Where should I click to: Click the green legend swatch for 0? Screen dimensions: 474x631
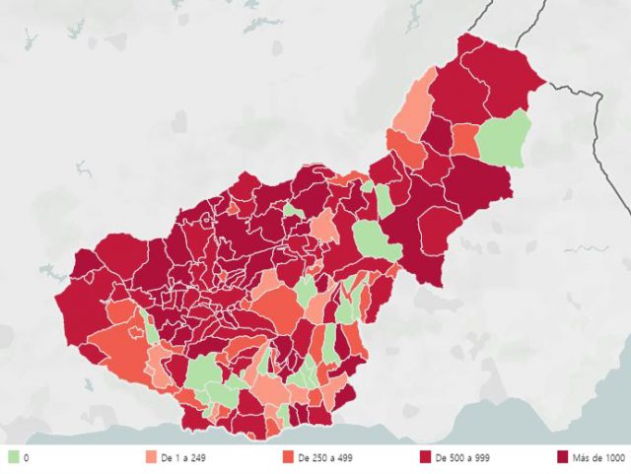(x=14, y=457)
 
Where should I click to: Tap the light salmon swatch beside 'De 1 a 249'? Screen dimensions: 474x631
(x=150, y=457)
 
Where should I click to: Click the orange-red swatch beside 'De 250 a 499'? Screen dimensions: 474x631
(x=287, y=457)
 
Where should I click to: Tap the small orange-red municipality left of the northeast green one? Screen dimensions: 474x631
(x=465, y=139)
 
